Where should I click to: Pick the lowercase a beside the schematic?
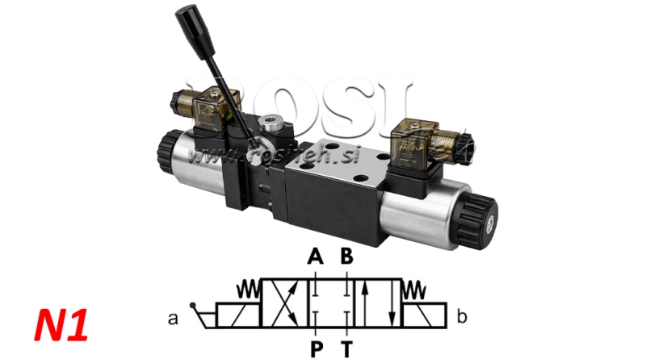173,318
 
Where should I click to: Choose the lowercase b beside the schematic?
461,317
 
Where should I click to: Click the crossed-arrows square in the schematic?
287,303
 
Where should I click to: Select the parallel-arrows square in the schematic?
375,303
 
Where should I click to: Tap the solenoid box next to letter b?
425,315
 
